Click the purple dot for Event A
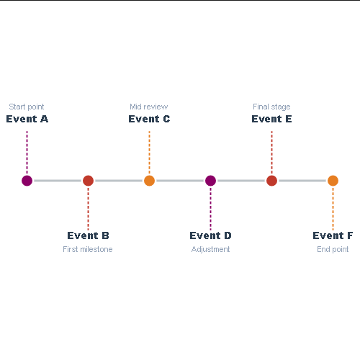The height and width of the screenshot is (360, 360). [x=27, y=181]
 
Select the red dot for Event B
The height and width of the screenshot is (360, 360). [x=88, y=181]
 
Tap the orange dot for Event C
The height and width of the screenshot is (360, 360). [x=149, y=181]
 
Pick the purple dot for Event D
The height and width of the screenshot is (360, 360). [x=210, y=181]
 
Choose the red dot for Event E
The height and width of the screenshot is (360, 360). [x=271, y=181]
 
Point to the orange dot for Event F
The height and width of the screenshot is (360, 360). [x=333, y=181]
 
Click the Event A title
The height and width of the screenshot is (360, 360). [x=27, y=119]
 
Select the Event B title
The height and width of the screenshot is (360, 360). [x=88, y=235]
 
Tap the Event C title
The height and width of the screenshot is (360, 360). [x=149, y=119]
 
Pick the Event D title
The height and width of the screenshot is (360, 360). [x=210, y=235]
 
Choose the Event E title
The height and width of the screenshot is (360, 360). [x=271, y=119]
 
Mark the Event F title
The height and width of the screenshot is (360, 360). [x=333, y=235]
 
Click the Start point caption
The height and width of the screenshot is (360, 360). [x=27, y=107]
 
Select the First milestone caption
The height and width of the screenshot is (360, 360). [x=88, y=249]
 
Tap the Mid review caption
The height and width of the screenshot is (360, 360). [x=149, y=107]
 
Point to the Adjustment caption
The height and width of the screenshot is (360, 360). [x=210, y=249]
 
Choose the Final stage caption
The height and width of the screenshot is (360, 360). [x=271, y=107]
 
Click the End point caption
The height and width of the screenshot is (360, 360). [x=333, y=249]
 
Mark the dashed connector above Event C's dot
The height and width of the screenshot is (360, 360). [x=149, y=153]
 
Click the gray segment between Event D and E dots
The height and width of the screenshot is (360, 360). [x=241, y=181]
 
